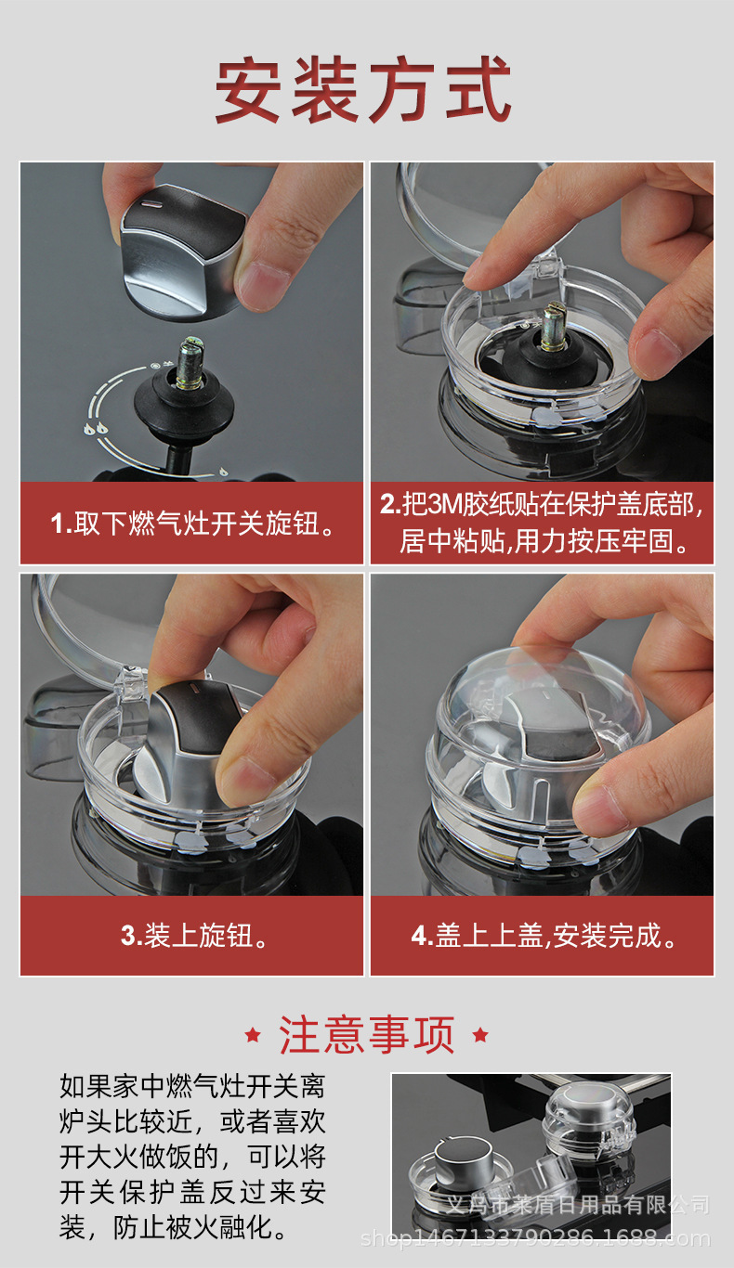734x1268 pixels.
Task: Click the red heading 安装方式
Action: pyautogui.click(x=363, y=89)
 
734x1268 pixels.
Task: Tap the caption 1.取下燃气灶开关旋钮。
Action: pyautogui.click(x=192, y=523)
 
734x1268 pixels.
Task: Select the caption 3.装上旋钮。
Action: pyautogui.click(x=192, y=935)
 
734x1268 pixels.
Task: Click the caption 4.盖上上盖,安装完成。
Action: pyautogui.click(x=543, y=935)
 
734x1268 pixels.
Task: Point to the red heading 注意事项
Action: pyautogui.click(x=366, y=1035)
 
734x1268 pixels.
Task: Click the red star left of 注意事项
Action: pyautogui.click(x=252, y=1035)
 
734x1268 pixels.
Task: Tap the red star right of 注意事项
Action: pyautogui.click(x=480, y=1035)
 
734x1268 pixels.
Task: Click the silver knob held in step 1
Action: pyautogui.click(x=184, y=249)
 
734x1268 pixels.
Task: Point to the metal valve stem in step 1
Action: pyautogui.click(x=190, y=364)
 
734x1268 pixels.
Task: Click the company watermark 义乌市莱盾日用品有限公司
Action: pyautogui.click(x=578, y=1205)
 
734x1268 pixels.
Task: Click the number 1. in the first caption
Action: pyautogui.click(x=61, y=524)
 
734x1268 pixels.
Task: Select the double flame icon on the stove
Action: pyautogui.click(x=95, y=429)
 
